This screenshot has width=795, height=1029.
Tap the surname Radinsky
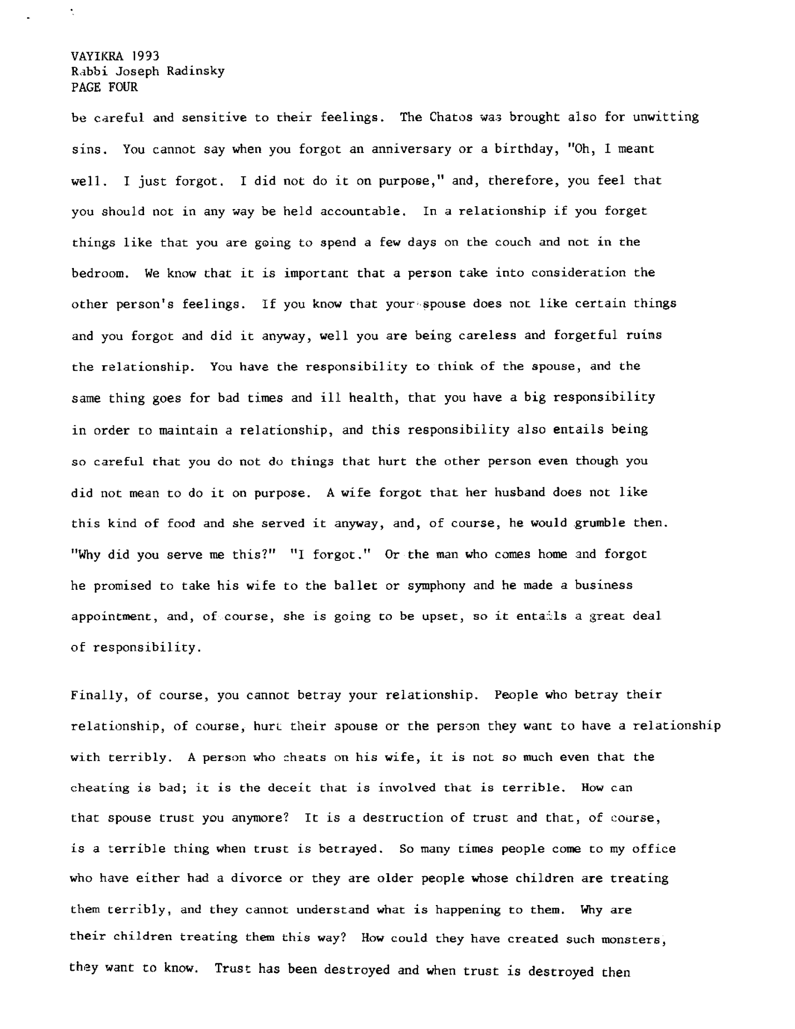(195, 71)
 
